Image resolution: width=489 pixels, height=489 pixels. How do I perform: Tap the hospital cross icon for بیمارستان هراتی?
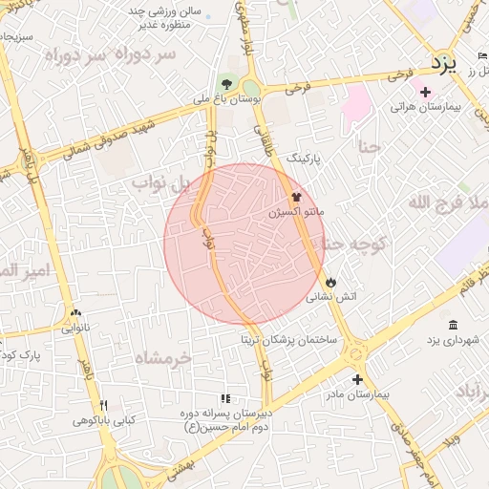click(426, 92)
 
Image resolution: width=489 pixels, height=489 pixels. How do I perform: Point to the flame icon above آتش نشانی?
click(330, 283)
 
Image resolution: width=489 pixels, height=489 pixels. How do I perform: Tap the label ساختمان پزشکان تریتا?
click(282, 339)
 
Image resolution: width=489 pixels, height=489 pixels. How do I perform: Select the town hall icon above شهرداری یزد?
click(452, 325)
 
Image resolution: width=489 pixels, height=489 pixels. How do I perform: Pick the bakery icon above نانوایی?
click(75, 311)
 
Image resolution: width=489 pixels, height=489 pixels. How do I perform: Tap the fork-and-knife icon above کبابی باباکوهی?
click(104, 405)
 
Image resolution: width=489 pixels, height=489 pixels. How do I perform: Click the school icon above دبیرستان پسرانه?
click(225, 398)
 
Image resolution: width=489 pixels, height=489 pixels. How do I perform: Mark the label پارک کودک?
click(21, 355)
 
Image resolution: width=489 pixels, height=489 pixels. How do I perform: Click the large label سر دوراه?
click(145, 56)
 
